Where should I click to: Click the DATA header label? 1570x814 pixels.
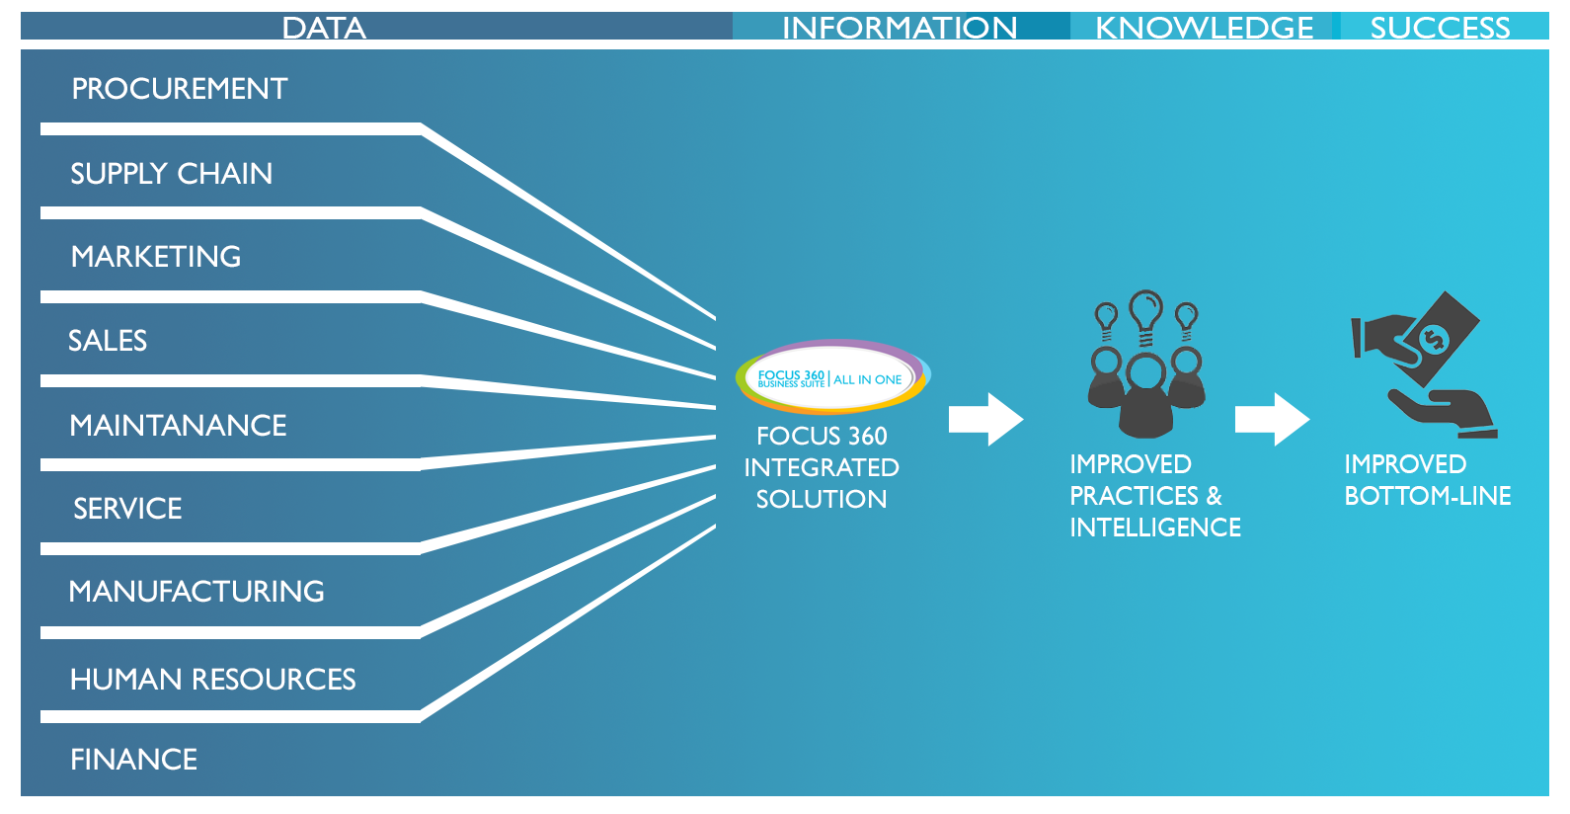click(x=324, y=28)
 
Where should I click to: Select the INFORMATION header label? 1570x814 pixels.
click(x=900, y=28)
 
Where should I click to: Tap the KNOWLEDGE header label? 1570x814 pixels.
click(x=1204, y=28)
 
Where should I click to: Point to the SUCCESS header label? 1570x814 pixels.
click(x=1441, y=28)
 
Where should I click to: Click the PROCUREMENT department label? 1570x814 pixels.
click(x=180, y=89)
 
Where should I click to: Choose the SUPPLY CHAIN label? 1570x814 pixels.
click(x=171, y=173)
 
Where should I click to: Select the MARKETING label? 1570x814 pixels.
click(x=156, y=257)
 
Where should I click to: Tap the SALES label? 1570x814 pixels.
click(x=108, y=341)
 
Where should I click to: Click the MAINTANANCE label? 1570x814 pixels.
click(x=178, y=426)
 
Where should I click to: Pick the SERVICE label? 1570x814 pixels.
click(x=127, y=509)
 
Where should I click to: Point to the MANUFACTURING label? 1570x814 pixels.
click(x=196, y=592)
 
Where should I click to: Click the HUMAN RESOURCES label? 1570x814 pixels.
click(x=213, y=680)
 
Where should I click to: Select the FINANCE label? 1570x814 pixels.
click(x=134, y=760)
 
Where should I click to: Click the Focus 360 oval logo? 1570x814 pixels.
click(x=832, y=377)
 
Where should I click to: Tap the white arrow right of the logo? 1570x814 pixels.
click(x=986, y=419)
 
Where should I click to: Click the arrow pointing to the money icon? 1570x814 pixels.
click(x=1272, y=419)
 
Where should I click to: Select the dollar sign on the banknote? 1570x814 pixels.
click(x=1434, y=340)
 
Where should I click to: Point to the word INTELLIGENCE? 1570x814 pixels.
click(x=1155, y=528)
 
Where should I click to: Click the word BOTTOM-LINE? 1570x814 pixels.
click(x=1428, y=496)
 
